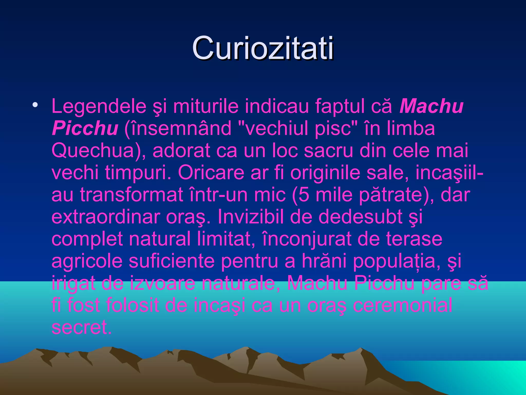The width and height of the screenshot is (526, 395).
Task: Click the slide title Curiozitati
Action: coord(263,48)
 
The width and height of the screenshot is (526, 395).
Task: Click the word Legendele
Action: coord(99,106)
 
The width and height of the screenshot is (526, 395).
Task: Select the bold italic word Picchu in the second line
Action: coord(85,128)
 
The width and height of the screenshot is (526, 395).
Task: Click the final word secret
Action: coord(81,328)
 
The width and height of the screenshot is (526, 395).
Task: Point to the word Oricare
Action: coord(211,173)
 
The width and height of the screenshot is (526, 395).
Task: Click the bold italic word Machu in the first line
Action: coord(431,106)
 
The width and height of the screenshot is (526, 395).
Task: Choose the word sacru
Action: coord(328,151)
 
